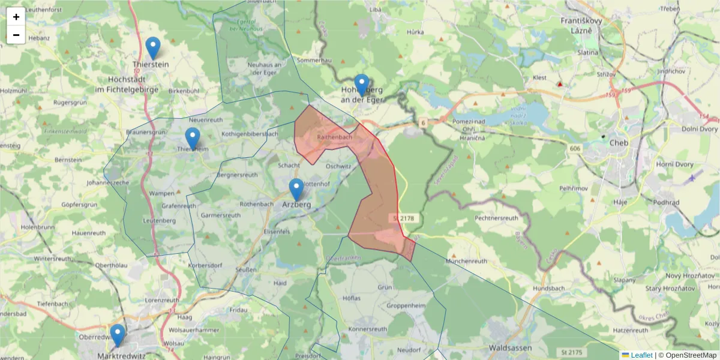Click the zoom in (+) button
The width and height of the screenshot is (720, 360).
coord(16,17)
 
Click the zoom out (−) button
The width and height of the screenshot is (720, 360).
coord(16,35)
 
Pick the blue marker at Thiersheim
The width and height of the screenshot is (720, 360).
coord(192,139)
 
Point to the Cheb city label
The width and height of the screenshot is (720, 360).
coord(618,143)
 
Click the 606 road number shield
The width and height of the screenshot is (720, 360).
coord(575,148)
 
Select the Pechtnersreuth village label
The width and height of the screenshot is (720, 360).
coord(496,218)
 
